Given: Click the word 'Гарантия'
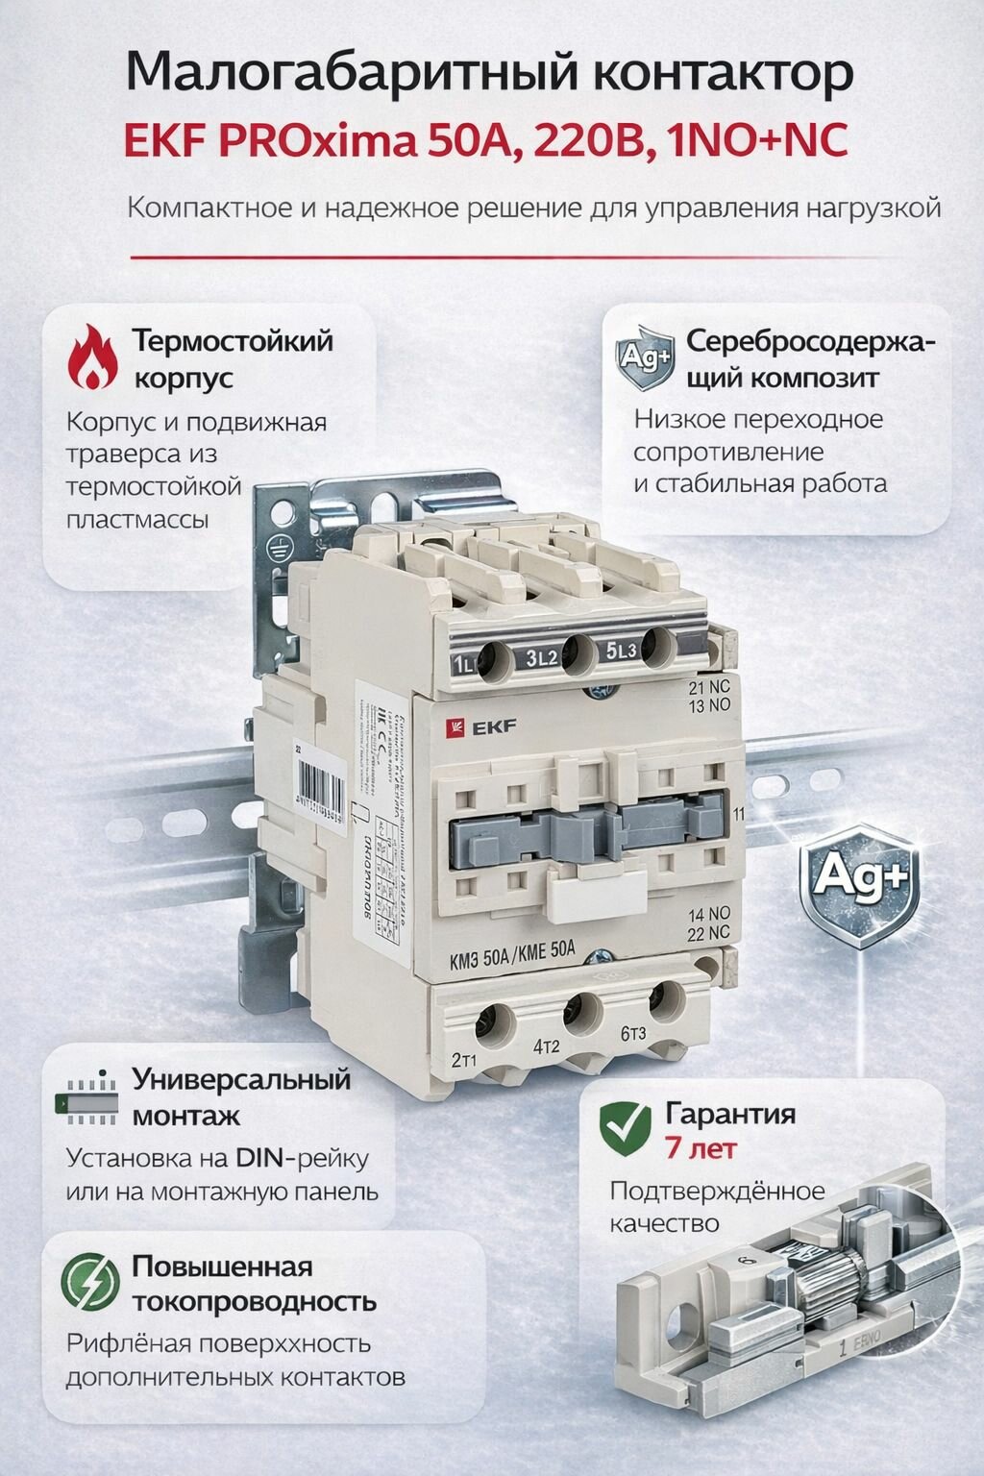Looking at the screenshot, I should pos(730,1114).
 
